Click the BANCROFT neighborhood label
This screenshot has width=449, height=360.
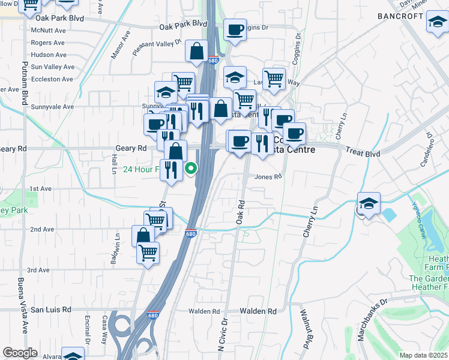tap(400, 16)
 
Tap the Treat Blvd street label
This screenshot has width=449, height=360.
tap(364, 154)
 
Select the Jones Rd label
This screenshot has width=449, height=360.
tap(268, 176)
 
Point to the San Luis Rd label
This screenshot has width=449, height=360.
tap(51, 310)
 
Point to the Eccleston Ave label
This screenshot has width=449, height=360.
tap(52, 79)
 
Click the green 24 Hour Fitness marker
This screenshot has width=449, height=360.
tap(191, 169)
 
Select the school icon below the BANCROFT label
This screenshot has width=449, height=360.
tap(437, 22)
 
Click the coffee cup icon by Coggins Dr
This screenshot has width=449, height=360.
tap(235, 29)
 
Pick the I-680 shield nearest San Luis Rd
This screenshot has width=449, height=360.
tap(153, 314)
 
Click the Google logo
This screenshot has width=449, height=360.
tap(20, 353)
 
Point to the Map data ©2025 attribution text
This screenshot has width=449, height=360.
tap(424, 355)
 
